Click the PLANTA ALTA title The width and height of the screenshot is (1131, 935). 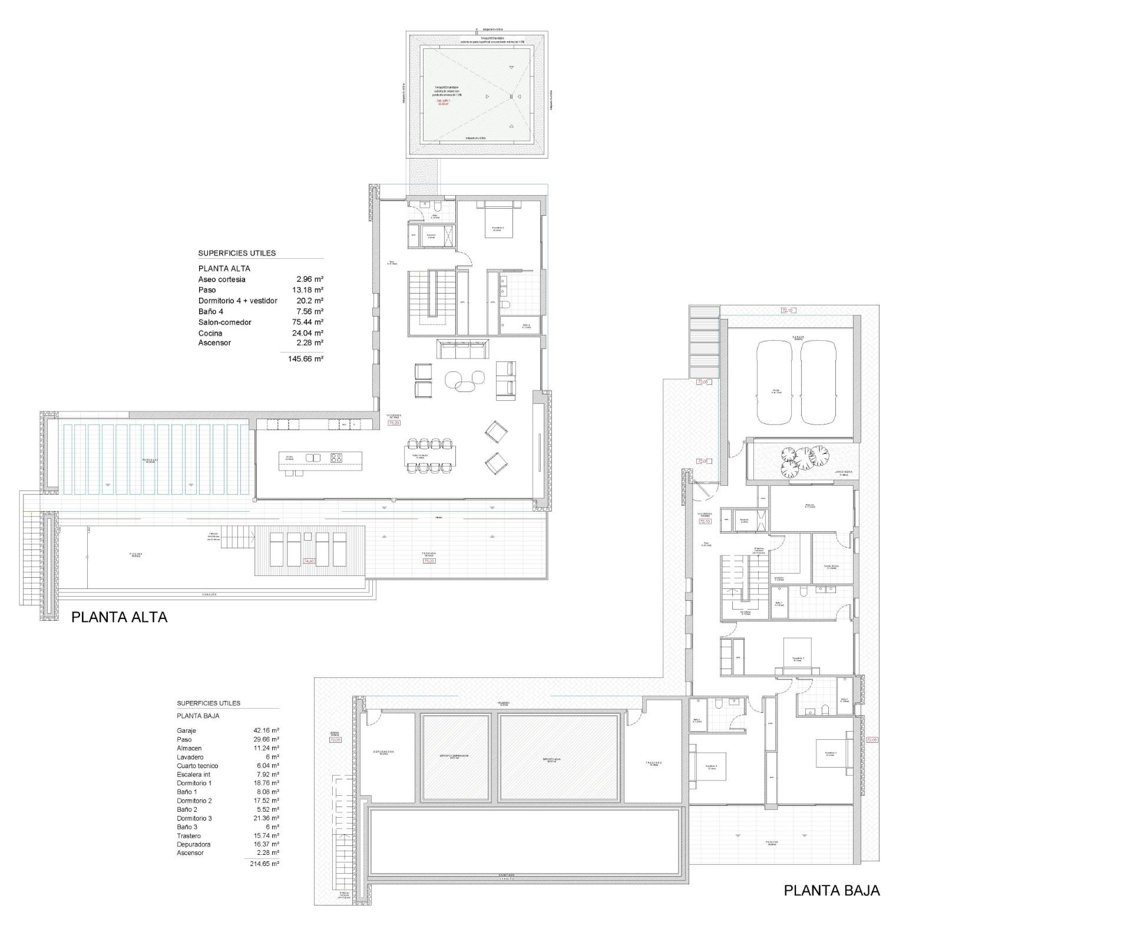click(119, 617)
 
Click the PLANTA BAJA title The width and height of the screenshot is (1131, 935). click(831, 891)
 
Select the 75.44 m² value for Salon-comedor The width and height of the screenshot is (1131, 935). click(310, 322)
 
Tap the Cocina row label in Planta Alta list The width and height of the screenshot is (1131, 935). click(210, 333)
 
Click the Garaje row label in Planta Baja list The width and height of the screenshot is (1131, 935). click(186, 730)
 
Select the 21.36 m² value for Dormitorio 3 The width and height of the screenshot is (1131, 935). click(266, 818)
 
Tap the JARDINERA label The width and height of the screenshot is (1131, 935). click(843, 472)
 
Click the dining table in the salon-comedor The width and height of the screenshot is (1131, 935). click(430, 456)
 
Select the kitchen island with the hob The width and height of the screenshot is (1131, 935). click(320, 458)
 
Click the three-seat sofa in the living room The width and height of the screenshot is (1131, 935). click(462, 349)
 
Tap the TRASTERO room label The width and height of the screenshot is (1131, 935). click(654, 763)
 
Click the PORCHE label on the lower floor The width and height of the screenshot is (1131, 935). click(772, 842)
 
